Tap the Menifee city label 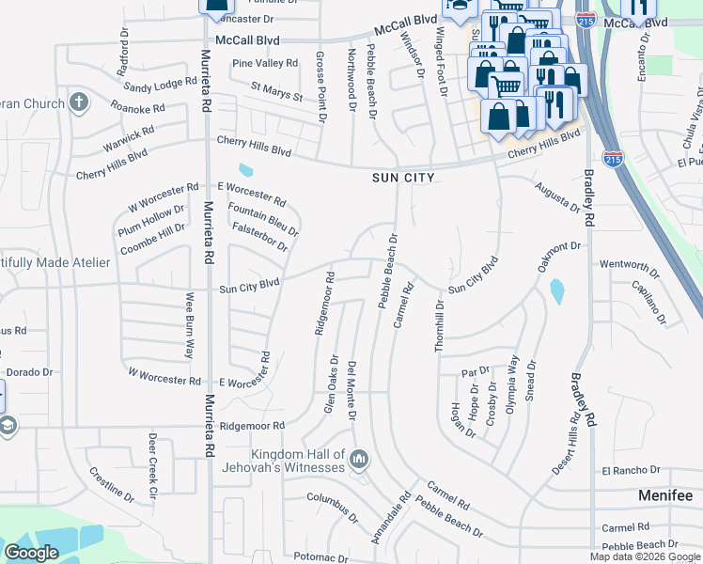pos(664,495)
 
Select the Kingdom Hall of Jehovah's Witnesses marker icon pos(358,460)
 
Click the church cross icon pos(79,102)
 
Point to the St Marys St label pos(276,92)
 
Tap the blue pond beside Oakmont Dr pos(557,291)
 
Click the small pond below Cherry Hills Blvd pos(246,170)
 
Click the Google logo pos(31,553)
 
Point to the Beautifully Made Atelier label pos(52,262)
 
